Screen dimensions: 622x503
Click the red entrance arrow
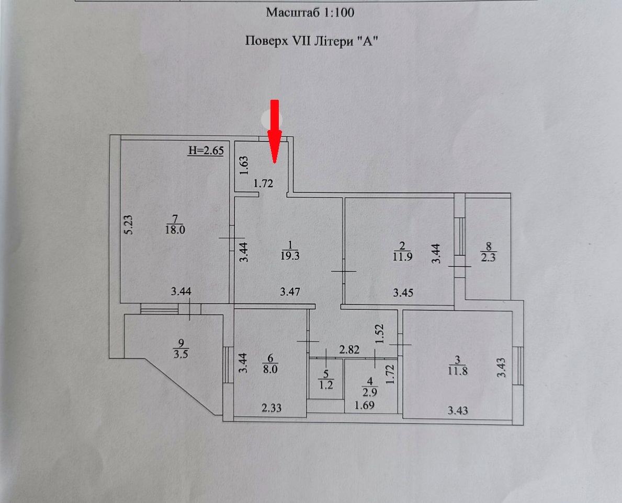[275, 131]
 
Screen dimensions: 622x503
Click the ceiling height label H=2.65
[206, 150]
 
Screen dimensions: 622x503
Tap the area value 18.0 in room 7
[175, 230]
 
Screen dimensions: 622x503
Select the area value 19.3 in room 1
[290, 256]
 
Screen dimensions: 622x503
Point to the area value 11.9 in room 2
[402, 256]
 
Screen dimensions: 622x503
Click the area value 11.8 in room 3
[457, 371]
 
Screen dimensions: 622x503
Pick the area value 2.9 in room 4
[370, 392]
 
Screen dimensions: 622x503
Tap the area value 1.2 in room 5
[326, 384]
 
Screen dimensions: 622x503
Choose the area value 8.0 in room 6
[270, 369]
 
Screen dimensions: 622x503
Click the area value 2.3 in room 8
[488, 258]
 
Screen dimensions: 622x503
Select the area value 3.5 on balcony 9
[181, 354]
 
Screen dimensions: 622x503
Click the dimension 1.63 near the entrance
[244, 166]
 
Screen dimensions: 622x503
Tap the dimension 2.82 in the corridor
[349, 349]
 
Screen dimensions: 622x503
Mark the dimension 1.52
[379, 334]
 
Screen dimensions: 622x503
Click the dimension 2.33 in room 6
[272, 407]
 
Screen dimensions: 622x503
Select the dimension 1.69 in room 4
[364, 405]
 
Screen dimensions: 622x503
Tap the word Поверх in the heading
[267, 41]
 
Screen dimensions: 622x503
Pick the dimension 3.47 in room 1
[290, 292]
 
